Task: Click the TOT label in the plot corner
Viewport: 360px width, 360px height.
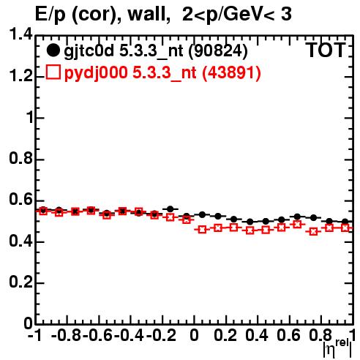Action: click(x=326, y=50)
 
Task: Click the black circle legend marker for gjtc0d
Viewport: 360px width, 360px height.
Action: click(x=53, y=50)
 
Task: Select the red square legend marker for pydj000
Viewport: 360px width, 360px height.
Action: click(x=53, y=72)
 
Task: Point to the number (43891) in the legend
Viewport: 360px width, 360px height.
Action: click(x=231, y=72)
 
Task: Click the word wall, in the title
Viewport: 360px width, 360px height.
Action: click(x=149, y=14)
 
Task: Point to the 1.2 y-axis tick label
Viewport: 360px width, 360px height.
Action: click(x=20, y=76)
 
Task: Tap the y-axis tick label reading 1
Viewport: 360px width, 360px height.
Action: click(x=30, y=117)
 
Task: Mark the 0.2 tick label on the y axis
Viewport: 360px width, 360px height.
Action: click(x=20, y=282)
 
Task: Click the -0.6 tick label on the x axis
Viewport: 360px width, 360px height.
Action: click(x=97, y=335)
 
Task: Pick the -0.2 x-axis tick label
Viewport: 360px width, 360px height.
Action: click(x=161, y=335)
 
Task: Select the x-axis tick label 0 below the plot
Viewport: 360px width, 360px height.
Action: click(x=194, y=335)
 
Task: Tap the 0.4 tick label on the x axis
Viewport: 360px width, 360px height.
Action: click(x=257, y=335)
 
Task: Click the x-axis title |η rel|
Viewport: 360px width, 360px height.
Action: click(x=337, y=348)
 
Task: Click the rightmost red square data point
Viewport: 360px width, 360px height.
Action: click(x=345, y=228)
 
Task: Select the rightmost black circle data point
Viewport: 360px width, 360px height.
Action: click(x=345, y=222)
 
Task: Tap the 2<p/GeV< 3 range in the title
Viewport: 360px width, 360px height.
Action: click(x=237, y=15)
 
